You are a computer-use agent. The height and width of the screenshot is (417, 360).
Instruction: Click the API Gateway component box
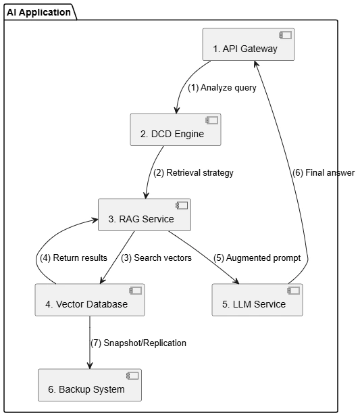coord(249,45)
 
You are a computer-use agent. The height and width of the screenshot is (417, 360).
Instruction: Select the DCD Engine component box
coord(176,130)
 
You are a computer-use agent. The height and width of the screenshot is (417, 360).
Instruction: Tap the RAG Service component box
coord(145,215)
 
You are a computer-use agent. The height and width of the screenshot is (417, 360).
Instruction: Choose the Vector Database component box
coord(90,299)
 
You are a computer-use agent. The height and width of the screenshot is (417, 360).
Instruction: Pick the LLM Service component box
coord(257,299)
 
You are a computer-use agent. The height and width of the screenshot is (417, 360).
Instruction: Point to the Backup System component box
coord(90,385)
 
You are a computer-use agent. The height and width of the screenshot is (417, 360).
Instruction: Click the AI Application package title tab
coord(41,12)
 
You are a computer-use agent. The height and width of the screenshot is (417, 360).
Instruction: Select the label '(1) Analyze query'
coord(222,87)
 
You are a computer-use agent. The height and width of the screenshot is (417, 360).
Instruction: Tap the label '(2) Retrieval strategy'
coord(193,172)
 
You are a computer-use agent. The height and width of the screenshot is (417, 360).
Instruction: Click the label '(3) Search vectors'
coord(156,257)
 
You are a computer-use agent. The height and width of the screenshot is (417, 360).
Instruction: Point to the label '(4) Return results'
coord(74,257)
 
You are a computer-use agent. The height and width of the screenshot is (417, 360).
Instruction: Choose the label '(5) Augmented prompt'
coord(257,257)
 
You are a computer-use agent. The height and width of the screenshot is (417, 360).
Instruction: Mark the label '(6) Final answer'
coord(324,172)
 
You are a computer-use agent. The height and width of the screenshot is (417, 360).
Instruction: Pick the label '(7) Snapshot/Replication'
coord(138,343)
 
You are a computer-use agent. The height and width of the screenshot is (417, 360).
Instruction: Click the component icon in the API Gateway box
coord(285,35)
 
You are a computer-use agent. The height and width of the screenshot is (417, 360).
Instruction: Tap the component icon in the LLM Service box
coord(293,291)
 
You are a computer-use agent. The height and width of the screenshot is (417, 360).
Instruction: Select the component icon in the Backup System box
coord(132,376)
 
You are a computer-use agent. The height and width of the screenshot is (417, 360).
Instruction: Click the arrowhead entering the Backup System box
coord(90,366)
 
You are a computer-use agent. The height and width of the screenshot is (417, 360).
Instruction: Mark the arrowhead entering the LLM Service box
coord(236,280)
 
